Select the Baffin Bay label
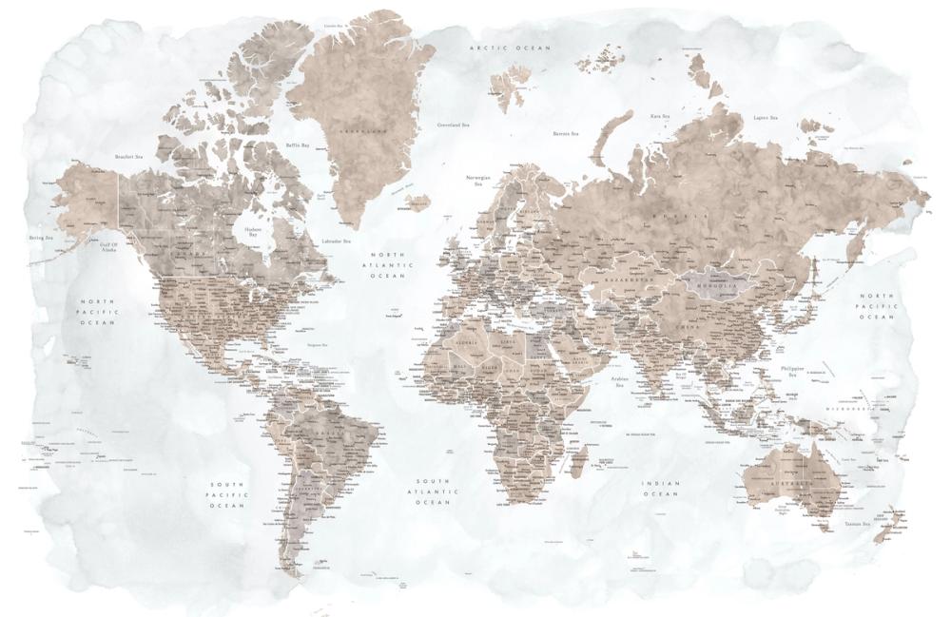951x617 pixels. pos(299,145)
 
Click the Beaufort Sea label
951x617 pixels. pos(128,156)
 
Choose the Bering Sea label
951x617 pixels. pos(40,238)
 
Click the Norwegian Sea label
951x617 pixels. pos(477,181)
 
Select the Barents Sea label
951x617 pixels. pos(566,134)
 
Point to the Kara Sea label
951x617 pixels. pos(660,116)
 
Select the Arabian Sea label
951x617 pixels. pos(619,383)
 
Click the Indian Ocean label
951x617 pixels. pos(661,489)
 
